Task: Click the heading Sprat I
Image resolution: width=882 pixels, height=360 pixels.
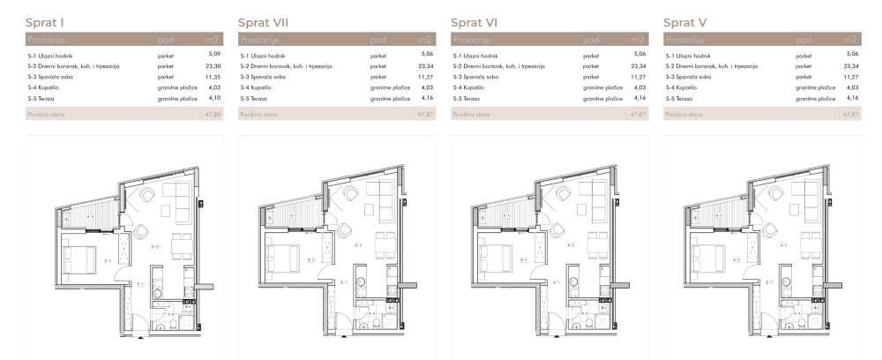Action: click(x=48, y=19)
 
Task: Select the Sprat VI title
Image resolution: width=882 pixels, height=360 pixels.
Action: click(x=475, y=19)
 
